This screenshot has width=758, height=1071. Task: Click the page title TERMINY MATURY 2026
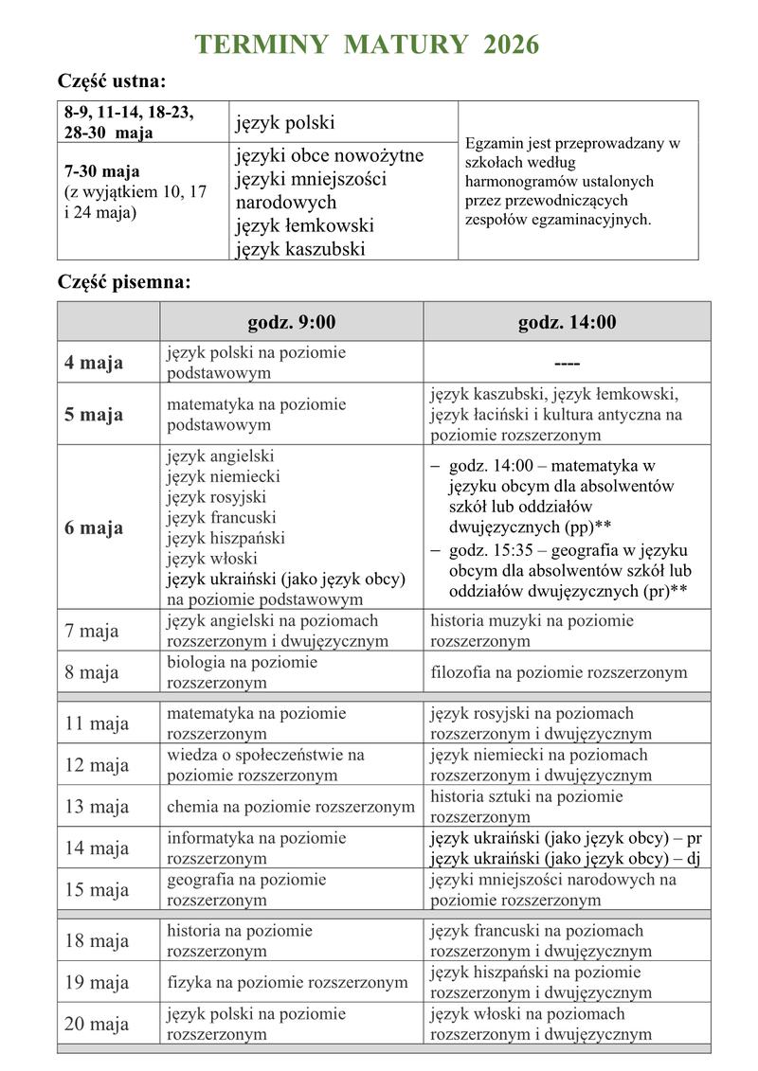pyautogui.click(x=367, y=45)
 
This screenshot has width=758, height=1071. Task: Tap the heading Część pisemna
pyautogui.click(x=123, y=281)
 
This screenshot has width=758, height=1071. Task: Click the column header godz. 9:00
pyautogui.click(x=292, y=322)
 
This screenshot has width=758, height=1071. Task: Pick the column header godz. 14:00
pyautogui.click(x=567, y=322)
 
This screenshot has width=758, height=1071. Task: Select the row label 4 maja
pyautogui.click(x=94, y=363)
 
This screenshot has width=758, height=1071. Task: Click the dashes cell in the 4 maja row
pyautogui.click(x=567, y=364)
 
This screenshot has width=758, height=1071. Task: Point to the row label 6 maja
pyautogui.click(x=94, y=527)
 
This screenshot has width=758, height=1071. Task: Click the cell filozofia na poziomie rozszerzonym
pyautogui.click(x=559, y=672)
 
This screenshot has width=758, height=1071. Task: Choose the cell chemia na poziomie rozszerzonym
pyautogui.click(x=291, y=807)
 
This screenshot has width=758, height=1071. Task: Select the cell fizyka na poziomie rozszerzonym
pyautogui.click(x=287, y=982)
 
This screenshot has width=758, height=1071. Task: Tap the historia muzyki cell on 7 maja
pyautogui.click(x=532, y=631)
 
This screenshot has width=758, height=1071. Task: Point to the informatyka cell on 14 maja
pyautogui.click(x=257, y=848)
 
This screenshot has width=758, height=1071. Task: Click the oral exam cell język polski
pyautogui.click(x=285, y=123)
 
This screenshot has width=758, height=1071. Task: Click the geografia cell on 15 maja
pyautogui.click(x=246, y=889)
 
